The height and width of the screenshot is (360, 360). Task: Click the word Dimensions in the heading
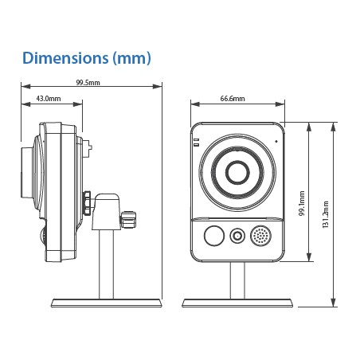click(65, 58)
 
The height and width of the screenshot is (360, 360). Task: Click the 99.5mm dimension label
click(88, 83)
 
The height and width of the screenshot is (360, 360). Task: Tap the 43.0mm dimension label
click(49, 99)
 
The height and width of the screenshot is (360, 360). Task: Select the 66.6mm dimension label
click(233, 99)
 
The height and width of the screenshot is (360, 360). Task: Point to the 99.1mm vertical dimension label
click(302, 203)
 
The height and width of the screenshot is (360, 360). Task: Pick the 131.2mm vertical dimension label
click(326, 214)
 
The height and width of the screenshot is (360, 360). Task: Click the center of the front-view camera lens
click(237, 172)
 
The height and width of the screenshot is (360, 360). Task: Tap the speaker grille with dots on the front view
click(260, 236)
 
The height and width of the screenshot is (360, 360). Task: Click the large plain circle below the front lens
click(214, 236)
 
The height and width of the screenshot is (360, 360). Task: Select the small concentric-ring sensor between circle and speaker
click(237, 236)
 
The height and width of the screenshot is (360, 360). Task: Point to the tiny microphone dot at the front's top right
click(276, 141)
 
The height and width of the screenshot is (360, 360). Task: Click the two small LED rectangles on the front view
click(196, 143)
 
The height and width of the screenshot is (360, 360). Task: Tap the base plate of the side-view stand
click(106, 303)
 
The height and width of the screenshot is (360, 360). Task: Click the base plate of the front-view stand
click(237, 303)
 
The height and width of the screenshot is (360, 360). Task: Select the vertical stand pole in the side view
click(106, 264)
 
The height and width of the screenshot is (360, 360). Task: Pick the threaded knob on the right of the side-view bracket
click(128, 219)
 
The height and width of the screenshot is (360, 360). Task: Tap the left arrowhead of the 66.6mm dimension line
click(195, 104)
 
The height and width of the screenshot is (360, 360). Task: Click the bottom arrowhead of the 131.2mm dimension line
click(334, 303)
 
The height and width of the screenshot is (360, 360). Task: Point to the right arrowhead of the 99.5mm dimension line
click(158, 86)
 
